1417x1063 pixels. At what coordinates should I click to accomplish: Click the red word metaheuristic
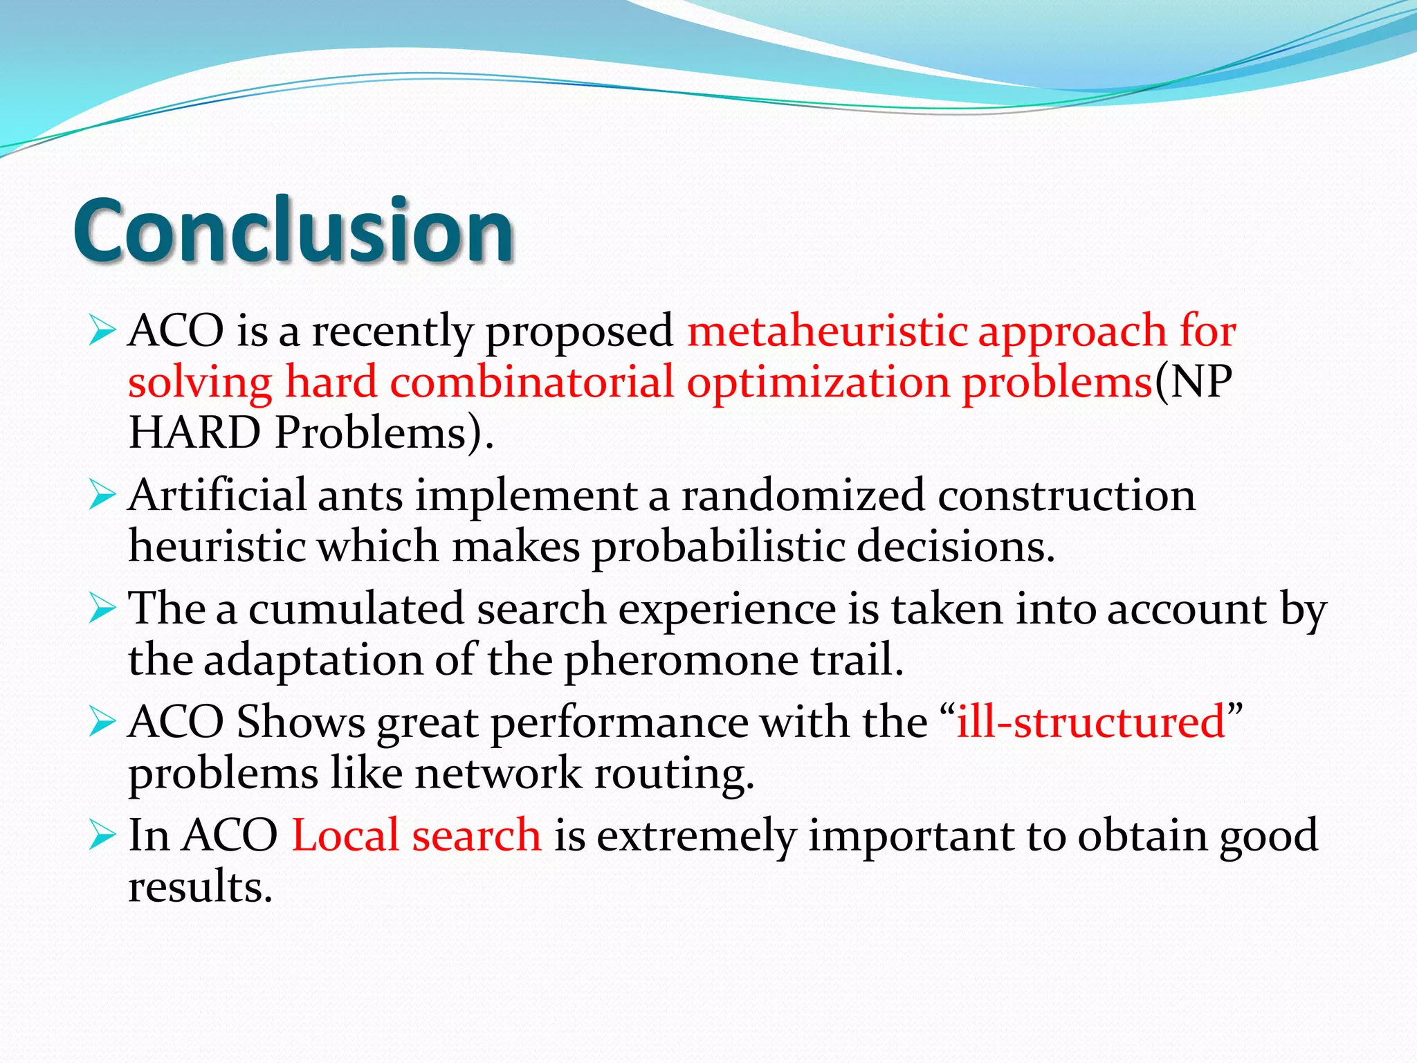coord(827,331)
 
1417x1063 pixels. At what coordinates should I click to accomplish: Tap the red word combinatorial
coord(531,382)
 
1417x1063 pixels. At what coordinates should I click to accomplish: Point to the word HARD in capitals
coord(195,433)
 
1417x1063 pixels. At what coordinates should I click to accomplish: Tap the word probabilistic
coord(718,547)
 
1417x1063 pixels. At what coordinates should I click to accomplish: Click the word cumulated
coord(356,610)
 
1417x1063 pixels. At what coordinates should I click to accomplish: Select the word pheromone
coord(682,660)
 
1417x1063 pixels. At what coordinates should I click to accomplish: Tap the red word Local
coord(345,835)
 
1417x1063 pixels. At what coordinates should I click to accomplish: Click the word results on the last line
coord(200,887)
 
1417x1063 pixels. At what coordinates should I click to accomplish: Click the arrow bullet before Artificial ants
coord(102,496)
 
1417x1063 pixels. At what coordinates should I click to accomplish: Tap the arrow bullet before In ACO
coord(102,836)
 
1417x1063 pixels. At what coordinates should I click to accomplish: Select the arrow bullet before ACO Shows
coord(102,723)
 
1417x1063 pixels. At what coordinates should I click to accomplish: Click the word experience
coord(726,610)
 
